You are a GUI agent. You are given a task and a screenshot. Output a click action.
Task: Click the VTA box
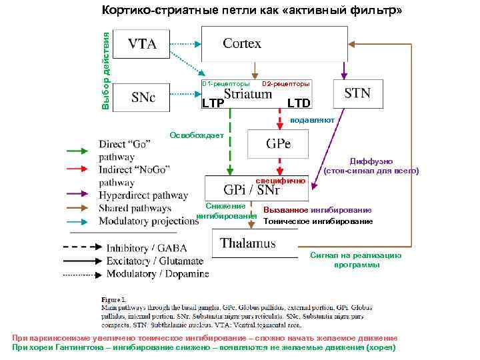142,45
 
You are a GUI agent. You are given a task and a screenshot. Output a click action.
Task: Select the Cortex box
274,44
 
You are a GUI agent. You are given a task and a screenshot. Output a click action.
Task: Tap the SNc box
142,97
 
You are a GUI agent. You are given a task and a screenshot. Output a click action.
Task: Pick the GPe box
278,143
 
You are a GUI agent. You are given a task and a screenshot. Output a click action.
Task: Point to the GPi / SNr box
257,189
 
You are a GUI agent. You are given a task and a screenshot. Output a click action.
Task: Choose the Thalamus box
254,243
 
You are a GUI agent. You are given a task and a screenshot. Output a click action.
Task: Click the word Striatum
248,95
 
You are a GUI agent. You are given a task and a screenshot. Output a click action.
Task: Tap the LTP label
213,103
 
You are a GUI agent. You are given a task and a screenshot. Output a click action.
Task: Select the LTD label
298,103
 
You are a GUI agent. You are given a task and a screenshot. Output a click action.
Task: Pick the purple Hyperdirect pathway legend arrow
80,195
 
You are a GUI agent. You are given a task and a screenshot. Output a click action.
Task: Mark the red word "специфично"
281,181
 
